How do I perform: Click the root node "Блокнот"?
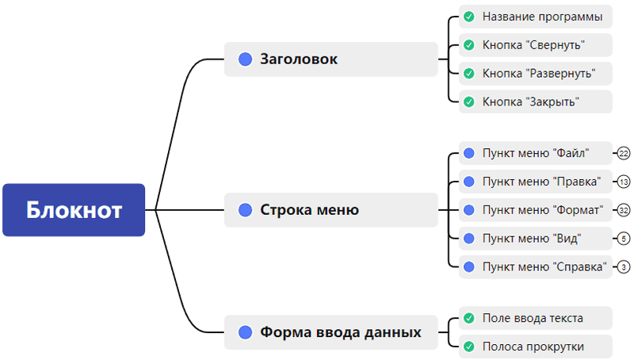pyautogui.click(x=74, y=210)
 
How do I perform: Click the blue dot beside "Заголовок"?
pyautogui.click(x=245, y=59)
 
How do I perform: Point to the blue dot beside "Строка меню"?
pyautogui.click(x=245, y=210)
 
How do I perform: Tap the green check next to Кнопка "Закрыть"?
pyautogui.click(x=468, y=101)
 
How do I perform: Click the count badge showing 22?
pyautogui.click(x=624, y=153)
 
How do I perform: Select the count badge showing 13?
pyautogui.click(x=624, y=182)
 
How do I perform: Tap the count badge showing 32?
pyautogui.click(x=624, y=210)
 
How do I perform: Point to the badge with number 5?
pyautogui.click(x=624, y=238)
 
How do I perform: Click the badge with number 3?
pyautogui.click(x=624, y=266)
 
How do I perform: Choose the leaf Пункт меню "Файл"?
pyautogui.click(x=536, y=153)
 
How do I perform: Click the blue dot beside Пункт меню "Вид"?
pyautogui.click(x=468, y=238)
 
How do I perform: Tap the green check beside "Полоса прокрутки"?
pyautogui.click(x=468, y=347)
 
